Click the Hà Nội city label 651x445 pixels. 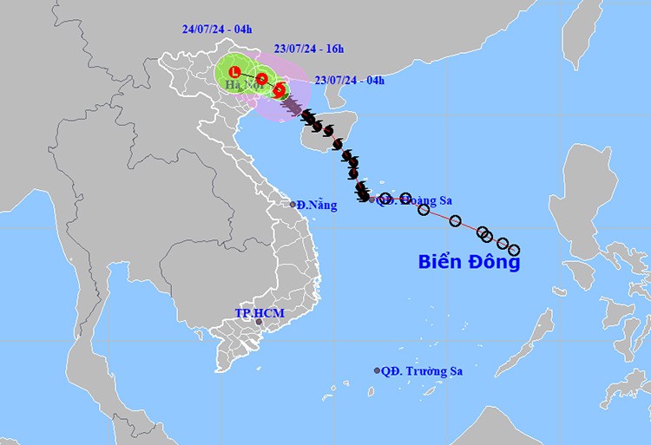tap(242, 85)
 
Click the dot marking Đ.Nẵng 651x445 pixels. tap(293, 205)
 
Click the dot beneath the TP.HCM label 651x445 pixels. tap(259, 323)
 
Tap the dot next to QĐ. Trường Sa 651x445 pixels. tap(378, 370)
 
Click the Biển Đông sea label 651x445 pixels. tap(469, 262)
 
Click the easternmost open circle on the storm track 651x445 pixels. tap(514, 250)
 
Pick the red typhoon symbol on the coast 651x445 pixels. tap(279, 89)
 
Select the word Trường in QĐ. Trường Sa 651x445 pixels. tap(425, 371)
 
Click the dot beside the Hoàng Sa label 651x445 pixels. tap(372, 200)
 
